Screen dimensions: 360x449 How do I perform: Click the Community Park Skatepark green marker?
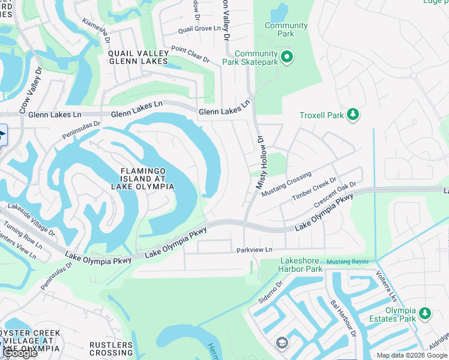click(x=287, y=57)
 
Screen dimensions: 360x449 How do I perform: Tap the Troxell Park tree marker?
click(x=353, y=114)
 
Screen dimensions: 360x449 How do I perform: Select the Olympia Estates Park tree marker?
click(x=425, y=313)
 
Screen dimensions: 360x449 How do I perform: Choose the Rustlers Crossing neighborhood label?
click(x=111, y=349)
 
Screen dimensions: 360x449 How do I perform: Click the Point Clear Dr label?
click(x=190, y=55)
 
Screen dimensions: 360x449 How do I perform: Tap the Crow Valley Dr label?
click(x=31, y=90)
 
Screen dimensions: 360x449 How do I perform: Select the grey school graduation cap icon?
click(x=281, y=343)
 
